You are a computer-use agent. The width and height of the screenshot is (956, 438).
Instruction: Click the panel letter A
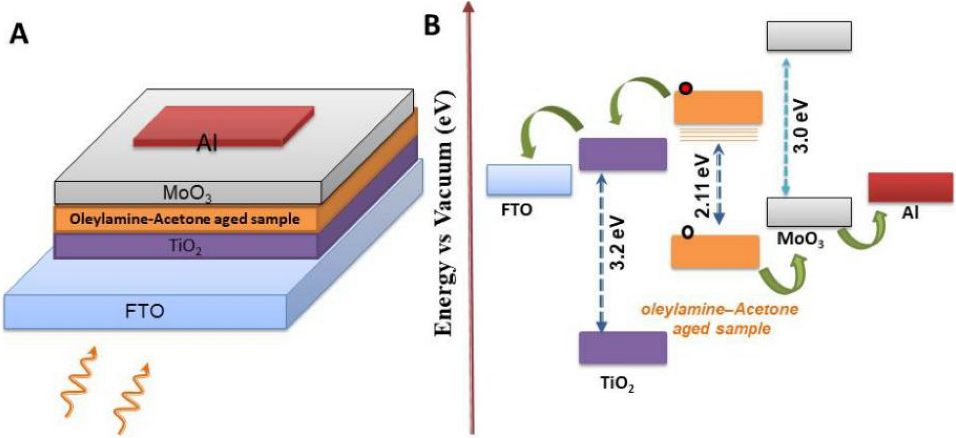tap(19, 35)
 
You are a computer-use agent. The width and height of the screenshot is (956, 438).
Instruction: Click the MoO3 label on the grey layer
tap(187, 193)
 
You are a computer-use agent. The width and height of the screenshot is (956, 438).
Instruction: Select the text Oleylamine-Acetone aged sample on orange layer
tap(185, 219)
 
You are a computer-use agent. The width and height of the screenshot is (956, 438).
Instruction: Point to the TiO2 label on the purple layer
tap(185, 246)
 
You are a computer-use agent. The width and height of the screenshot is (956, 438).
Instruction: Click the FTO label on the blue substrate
tap(145, 311)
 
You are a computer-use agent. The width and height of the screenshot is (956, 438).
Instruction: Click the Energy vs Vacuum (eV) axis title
tap(445, 214)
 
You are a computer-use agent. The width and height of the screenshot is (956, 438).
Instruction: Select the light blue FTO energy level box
tap(529, 180)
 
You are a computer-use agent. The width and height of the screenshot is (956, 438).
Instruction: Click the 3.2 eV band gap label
tap(618, 243)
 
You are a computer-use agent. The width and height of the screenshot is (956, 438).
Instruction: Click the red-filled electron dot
tap(685, 89)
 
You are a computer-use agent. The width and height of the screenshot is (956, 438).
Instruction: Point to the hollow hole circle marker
tap(687, 232)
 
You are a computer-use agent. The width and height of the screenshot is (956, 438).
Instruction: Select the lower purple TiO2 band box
tap(622, 348)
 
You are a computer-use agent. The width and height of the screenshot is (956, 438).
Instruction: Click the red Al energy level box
tap(910, 187)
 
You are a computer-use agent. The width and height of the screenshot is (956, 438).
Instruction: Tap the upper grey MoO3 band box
tap(809, 36)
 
